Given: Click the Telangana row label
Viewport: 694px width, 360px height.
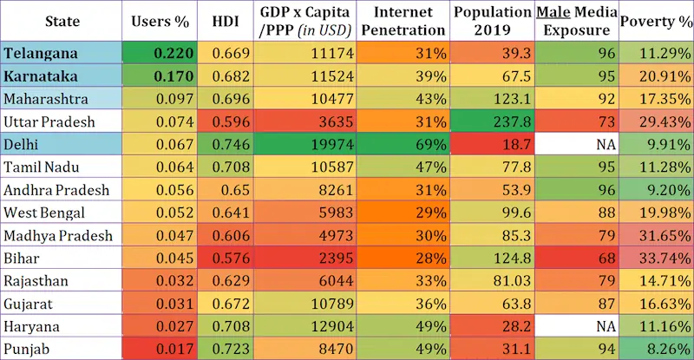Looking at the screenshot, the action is tap(41, 54).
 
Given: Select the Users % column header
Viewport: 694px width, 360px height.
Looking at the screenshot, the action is tap(160, 22).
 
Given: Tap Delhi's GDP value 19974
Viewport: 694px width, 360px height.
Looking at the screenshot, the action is tap(332, 144).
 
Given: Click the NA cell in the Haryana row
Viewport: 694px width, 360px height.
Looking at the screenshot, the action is tap(606, 326).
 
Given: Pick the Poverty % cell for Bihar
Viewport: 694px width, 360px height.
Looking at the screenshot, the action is tap(665, 259).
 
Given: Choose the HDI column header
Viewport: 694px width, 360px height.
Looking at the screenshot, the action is tap(226, 22).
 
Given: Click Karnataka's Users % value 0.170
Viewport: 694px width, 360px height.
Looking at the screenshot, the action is tap(173, 76).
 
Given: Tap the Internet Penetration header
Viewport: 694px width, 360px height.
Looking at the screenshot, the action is tap(403, 22).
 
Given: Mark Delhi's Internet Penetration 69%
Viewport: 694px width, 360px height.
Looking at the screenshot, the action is tap(430, 144).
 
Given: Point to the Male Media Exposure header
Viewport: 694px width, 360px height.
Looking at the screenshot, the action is tap(576, 22).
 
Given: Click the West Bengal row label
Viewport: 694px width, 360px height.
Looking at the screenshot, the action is tap(44, 213).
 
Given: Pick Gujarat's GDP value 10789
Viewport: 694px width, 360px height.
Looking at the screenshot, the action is tap(332, 304).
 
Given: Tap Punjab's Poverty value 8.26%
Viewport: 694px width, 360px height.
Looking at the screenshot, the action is tap(669, 350).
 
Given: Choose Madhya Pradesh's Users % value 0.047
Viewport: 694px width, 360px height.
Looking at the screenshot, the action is tap(174, 236).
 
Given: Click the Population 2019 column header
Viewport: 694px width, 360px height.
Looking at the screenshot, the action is tap(492, 22).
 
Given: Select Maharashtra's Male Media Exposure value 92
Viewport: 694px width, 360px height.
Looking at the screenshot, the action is tap(606, 99).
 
